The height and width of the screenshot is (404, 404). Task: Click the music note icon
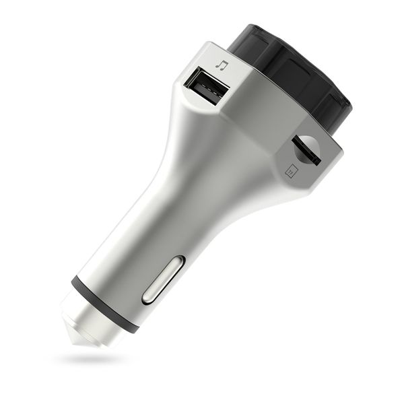click(x=222, y=65)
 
